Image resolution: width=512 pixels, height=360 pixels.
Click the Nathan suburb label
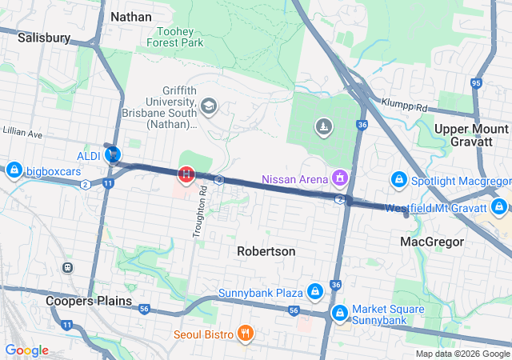pyautogui.click(x=130, y=16)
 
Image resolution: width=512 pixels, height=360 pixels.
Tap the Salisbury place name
pyautogui.click(x=44, y=37)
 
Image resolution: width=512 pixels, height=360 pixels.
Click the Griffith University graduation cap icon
pyautogui.click(x=209, y=106)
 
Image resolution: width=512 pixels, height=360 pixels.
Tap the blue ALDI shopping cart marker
pyautogui.click(x=113, y=154)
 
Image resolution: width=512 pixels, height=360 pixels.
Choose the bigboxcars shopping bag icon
pyautogui.click(x=14, y=170)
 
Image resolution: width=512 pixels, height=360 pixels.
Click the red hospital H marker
pyautogui.click(x=186, y=173)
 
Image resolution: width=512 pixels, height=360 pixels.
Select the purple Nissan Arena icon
pyautogui.click(x=341, y=177)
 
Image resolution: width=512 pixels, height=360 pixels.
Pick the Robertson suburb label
pyautogui.click(x=266, y=251)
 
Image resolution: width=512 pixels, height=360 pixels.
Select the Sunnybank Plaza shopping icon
pyautogui.click(x=315, y=291)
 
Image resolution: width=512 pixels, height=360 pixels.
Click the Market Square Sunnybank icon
pyautogui.click(x=340, y=312)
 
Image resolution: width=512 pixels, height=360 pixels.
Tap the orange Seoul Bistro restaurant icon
pyautogui.click(x=246, y=334)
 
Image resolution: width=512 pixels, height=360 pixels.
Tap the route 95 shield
pyautogui.click(x=477, y=83)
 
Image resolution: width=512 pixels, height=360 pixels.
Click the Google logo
pyautogui.click(x=26, y=350)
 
